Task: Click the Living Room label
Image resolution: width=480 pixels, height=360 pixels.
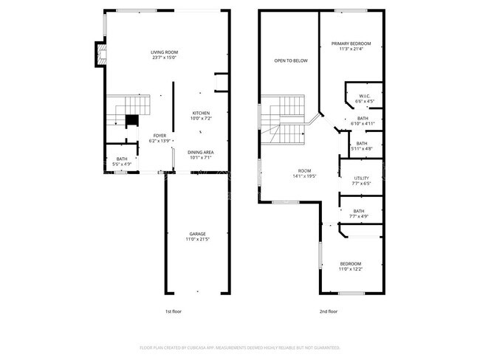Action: coord(164,55)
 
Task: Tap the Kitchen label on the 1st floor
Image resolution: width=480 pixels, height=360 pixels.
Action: coord(200,115)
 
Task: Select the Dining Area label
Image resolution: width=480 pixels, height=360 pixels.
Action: coord(200,154)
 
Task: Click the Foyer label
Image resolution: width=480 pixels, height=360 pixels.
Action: coord(160,138)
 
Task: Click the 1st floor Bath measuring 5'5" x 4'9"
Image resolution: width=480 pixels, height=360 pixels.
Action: coord(121,161)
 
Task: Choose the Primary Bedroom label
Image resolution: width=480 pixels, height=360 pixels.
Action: coord(351,46)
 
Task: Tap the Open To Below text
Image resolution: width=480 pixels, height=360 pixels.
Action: coord(290,60)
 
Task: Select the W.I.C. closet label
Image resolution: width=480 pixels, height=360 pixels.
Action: coord(365,98)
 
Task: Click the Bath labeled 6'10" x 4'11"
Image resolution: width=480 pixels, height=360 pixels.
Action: coord(363,120)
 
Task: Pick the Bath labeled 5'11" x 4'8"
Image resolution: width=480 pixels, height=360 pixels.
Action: coord(362,145)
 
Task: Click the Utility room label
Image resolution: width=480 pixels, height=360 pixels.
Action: coord(361,181)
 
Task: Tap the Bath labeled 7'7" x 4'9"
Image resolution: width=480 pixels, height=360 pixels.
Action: coord(359,214)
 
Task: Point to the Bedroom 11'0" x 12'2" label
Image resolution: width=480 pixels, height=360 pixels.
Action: coord(351,266)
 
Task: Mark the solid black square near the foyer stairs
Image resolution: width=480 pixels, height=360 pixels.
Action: coord(131,121)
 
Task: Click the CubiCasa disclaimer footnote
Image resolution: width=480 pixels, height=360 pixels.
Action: coord(240,347)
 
